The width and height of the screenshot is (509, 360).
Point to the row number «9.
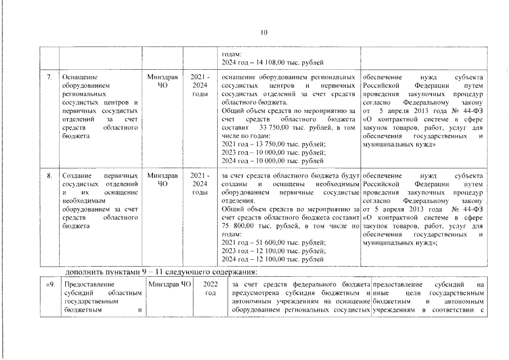tap(49, 285)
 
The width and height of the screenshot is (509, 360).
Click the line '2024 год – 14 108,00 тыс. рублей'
tap(272, 62)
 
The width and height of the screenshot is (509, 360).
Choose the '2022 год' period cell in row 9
tap(210, 289)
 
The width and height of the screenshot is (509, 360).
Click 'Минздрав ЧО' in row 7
tap(161, 80)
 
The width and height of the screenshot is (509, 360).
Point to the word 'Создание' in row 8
tap(77, 176)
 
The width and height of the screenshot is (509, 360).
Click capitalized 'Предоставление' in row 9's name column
tap(87, 285)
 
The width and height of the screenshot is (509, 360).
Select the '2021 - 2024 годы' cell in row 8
tap(200, 184)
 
